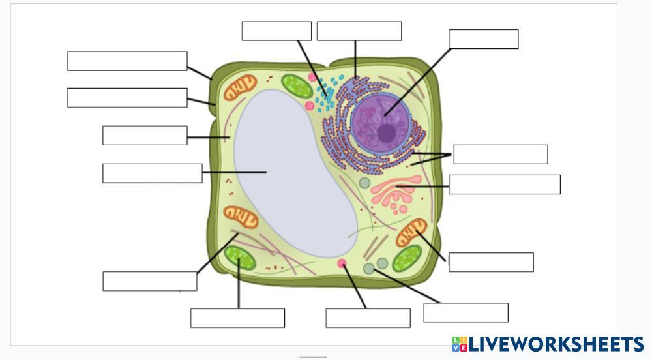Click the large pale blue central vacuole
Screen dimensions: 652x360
(x=293, y=176)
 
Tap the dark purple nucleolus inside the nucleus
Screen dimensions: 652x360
(x=386, y=132)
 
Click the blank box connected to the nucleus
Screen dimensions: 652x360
(x=483, y=39)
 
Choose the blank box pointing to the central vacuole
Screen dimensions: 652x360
(x=152, y=173)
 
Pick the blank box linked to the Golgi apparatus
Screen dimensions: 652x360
(x=504, y=185)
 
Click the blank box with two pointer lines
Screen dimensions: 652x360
(x=500, y=155)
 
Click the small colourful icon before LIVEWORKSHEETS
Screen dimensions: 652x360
(x=460, y=344)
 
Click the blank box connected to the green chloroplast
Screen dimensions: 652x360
(x=237, y=318)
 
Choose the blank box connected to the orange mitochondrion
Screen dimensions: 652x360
(x=491, y=262)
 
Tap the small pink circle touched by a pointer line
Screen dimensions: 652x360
(x=342, y=263)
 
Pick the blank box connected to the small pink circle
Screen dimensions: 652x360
(x=368, y=318)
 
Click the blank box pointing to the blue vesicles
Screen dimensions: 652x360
(x=276, y=31)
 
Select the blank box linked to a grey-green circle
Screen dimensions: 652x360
(x=466, y=312)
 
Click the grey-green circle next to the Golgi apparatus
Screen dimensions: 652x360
(x=364, y=184)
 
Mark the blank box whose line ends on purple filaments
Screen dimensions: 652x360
(x=149, y=281)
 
